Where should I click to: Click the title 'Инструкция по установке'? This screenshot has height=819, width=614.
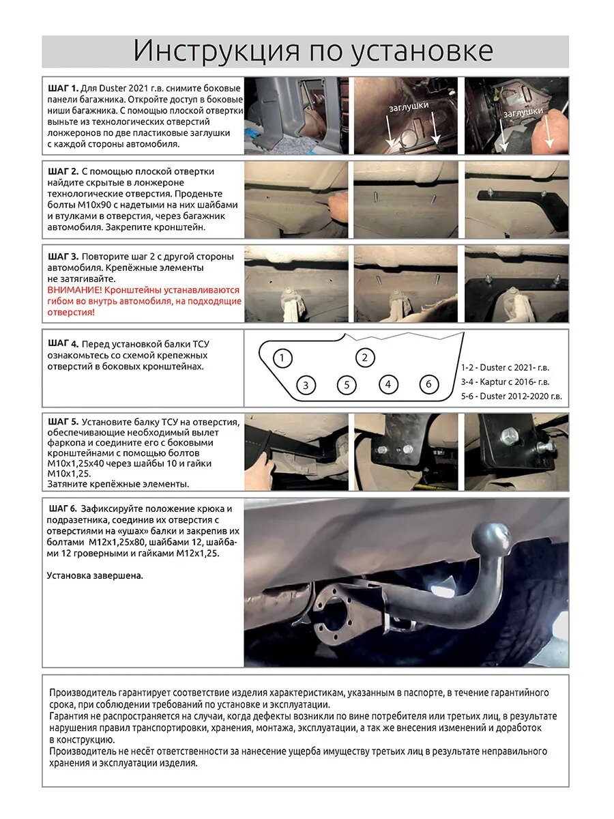point(312,51)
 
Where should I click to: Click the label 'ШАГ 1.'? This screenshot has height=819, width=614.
point(63,89)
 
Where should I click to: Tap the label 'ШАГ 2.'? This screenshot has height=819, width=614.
point(63,171)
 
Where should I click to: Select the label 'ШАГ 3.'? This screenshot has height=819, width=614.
point(63,257)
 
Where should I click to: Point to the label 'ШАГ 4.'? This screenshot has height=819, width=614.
point(63,343)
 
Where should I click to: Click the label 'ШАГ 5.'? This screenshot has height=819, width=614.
point(63,422)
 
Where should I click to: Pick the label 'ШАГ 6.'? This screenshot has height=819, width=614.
point(63,509)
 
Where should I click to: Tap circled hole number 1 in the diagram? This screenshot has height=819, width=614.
point(282,358)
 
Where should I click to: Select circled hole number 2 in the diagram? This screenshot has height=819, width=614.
point(365,357)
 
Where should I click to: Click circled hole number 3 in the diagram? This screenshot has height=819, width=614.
point(306,385)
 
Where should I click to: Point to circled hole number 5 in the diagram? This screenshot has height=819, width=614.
point(347,385)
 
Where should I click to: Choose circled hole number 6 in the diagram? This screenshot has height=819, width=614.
point(428,384)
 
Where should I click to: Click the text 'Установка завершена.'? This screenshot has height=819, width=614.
point(95,575)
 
